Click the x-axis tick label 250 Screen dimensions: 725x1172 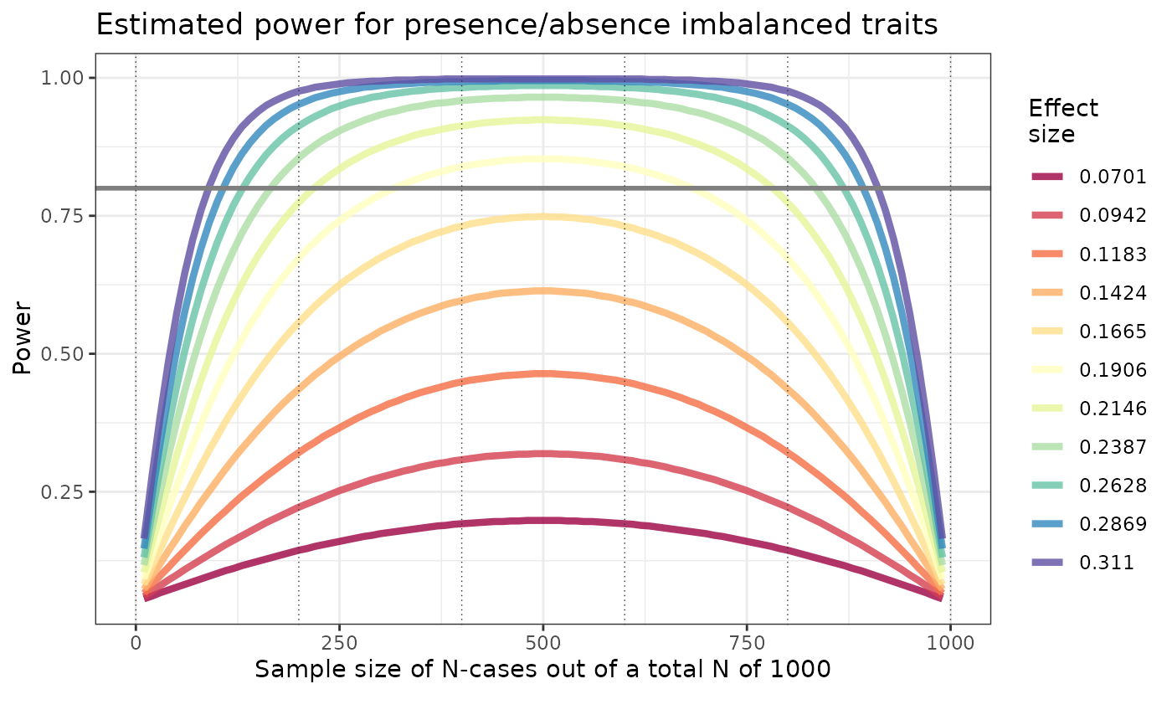pos(339,644)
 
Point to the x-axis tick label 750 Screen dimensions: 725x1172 pos(747,644)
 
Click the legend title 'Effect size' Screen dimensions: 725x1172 pos(1062,121)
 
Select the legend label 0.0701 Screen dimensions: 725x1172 pos(1113,177)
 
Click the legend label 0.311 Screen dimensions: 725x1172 pos(1107,563)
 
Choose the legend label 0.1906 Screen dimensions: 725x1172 pos(1113,369)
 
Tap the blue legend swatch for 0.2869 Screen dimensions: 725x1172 pos(1047,524)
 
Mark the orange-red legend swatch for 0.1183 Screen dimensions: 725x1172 pos(1047,255)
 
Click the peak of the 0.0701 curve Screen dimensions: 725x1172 pos(542,520)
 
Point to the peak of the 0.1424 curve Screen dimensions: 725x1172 pos(542,291)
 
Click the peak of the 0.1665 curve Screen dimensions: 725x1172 pos(542,216)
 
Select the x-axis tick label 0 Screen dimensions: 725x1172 pos(136,644)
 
